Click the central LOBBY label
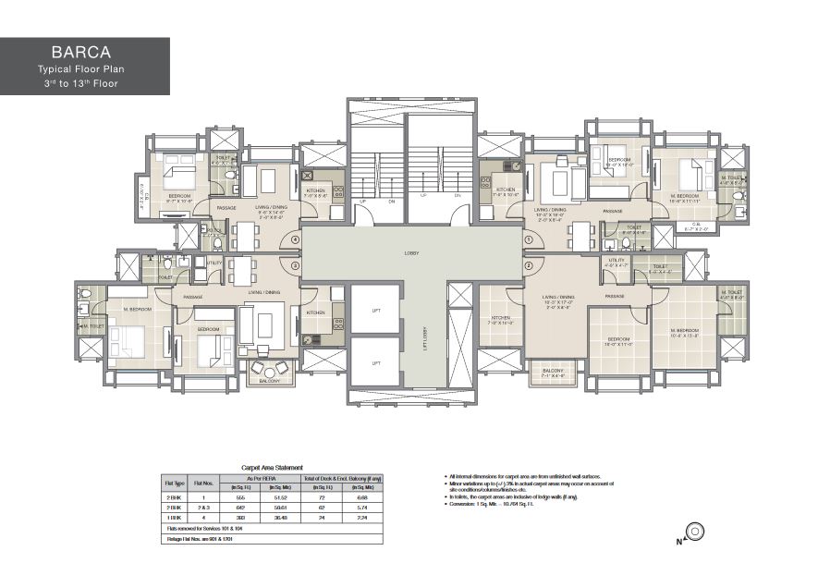411,252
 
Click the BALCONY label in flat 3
269,380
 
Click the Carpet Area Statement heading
271,469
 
